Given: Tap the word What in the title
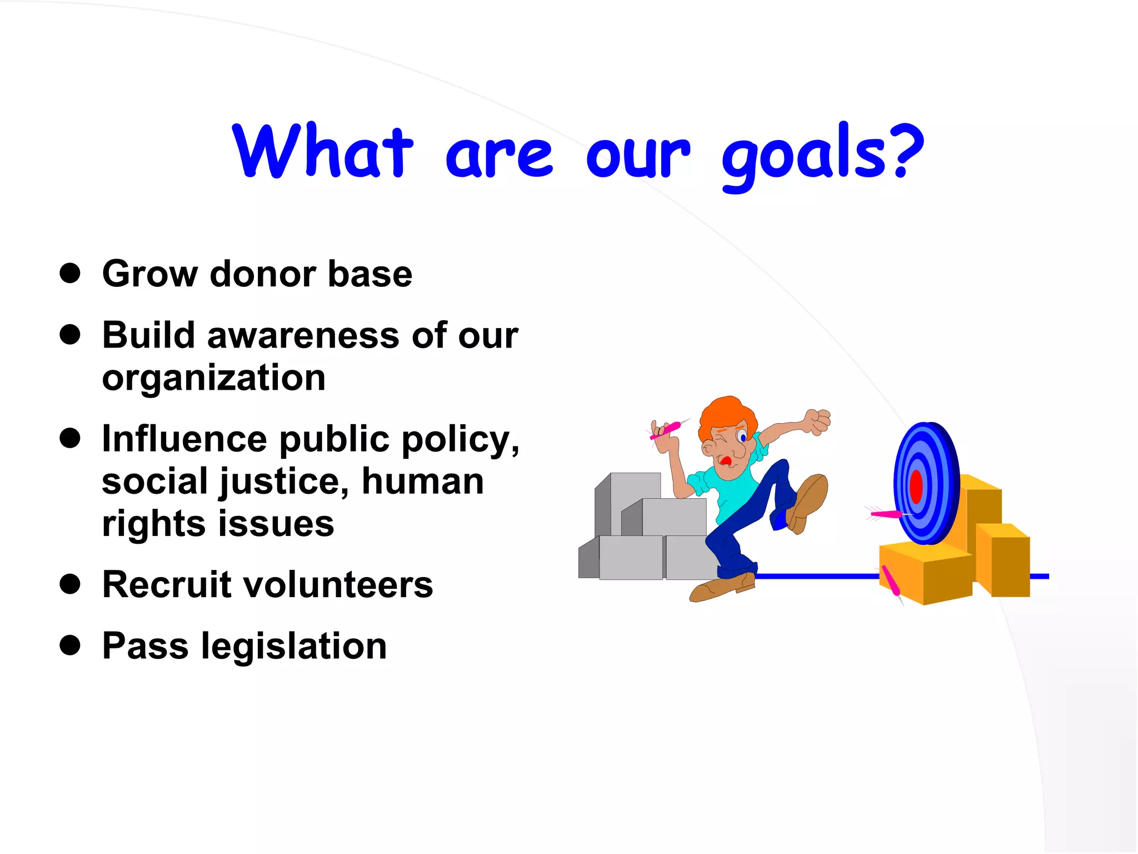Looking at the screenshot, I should pos(323,151).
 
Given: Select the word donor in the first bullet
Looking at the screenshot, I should pos(263,274).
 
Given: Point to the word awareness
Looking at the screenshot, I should pos(303,336).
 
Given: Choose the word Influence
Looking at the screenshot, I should pos(184,439).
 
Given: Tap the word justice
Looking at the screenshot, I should pos(283,482).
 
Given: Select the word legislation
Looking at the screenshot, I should pos(293,647).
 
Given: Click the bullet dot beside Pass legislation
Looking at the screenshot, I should pos(70,646).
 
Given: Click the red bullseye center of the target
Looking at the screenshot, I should pos(916,486).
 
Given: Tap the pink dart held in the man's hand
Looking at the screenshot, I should pos(667,429).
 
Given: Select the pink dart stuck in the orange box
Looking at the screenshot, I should pos(891,582).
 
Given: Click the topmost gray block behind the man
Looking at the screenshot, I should pos(633,489).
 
